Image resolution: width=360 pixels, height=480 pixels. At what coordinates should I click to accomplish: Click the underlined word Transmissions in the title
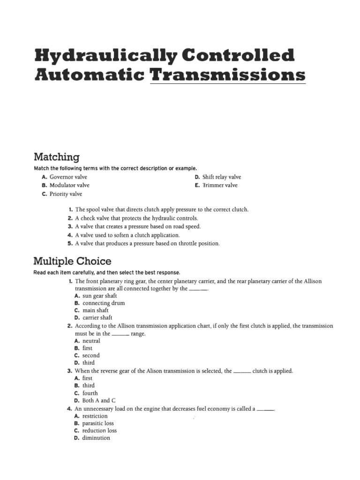pyautogui.click(x=228, y=75)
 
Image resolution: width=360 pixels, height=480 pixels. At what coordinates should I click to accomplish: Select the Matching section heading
pyautogui.click(x=57, y=157)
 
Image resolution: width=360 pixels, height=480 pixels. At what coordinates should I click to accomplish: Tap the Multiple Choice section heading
pyautogui.click(x=72, y=261)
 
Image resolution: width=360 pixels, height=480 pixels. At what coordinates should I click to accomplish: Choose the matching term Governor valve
pyautogui.click(x=68, y=177)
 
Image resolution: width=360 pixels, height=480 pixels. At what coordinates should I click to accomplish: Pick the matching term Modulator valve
pyautogui.click(x=69, y=185)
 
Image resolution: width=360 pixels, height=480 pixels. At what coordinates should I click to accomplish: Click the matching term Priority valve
pyautogui.click(x=66, y=194)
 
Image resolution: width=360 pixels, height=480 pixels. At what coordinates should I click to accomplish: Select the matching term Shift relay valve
pyautogui.click(x=221, y=177)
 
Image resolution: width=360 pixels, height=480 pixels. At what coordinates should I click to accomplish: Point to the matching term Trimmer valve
pyautogui.click(x=220, y=185)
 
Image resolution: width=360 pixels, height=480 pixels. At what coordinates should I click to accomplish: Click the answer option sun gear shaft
pyautogui.click(x=99, y=296)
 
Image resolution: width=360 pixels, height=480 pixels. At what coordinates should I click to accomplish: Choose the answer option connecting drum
pyautogui.click(x=104, y=303)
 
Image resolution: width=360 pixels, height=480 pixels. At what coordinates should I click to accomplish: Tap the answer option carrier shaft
pyautogui.click(x=97, y=317)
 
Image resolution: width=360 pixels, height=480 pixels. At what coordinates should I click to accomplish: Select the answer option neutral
pyautogui.click(x=91, y=341)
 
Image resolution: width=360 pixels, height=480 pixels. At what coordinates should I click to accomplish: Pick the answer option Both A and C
pyautogui.click(x=96, y=400)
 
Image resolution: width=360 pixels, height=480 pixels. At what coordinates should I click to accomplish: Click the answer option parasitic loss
pyautogui.click(x=98, y=423)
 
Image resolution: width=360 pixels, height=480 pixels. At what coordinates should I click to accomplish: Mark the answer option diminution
pyautogui.click(x=96, y=438)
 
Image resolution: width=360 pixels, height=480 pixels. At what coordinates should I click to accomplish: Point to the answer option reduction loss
pyautogui.click(x=99, y=430)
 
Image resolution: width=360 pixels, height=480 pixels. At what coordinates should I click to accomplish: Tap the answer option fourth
pyautogui.click(x=90, y=393)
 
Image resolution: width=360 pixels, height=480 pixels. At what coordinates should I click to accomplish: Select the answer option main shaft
pyautogui.click(x=95, y=310)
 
